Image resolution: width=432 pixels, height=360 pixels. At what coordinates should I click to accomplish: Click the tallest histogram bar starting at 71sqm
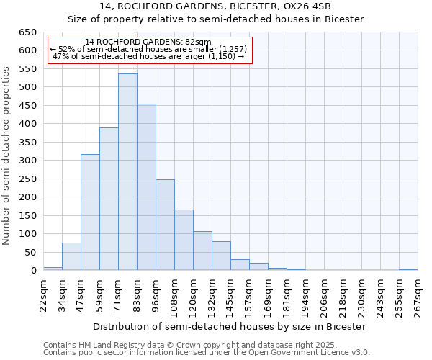click(127, 172)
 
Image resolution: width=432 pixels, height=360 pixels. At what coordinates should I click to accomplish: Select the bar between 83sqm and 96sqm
click(146, 187)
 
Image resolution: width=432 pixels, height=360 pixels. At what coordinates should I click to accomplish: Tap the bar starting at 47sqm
click(90, 212)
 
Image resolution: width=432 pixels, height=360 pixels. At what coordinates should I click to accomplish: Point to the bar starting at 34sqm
click(71, 256)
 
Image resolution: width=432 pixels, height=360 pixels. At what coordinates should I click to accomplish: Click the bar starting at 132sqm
click(221, 256)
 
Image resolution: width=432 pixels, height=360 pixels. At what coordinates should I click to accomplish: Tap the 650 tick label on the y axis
click(27, 32)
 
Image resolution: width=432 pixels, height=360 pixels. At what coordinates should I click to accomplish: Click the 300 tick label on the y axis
click(27, 161)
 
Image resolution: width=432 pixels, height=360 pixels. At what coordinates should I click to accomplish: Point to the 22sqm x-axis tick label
click(43, 293)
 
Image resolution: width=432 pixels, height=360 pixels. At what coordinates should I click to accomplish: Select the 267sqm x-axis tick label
click(418, 293)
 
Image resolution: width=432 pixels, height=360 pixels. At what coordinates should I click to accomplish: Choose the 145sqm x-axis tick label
click(230, 293)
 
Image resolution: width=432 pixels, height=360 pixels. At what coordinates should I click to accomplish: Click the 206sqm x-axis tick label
click(324, 293)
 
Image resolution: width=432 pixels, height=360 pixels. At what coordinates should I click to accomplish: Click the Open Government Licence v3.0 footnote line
click(207, 352)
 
